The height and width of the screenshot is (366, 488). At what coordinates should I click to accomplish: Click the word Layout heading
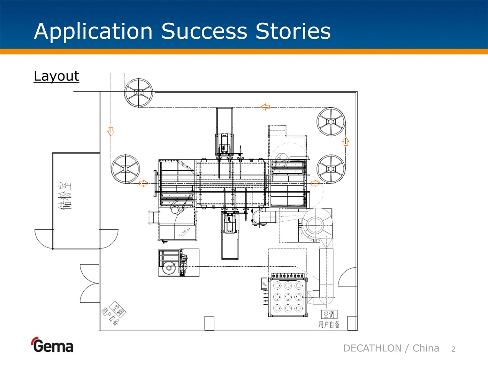(x=56, y=76)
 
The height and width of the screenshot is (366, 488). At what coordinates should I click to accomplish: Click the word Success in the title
(x=204, y=31)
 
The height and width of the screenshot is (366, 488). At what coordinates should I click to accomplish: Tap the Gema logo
(x=52, y=345)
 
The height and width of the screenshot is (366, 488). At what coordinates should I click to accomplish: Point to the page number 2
(x=453, y=349)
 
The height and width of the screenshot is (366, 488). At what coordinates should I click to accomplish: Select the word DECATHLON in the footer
(x=372, y=348)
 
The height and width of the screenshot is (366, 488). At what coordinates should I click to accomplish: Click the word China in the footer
(x=426, y=348)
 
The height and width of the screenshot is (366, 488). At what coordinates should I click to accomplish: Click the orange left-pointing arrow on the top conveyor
(x=265, y=107)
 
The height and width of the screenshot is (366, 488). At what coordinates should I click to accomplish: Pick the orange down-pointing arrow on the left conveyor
(x=111, y=131)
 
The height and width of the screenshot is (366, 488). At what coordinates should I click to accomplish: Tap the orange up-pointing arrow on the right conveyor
(x=345, y=141)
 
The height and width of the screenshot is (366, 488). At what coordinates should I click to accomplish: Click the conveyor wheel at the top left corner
(x=138, y=93)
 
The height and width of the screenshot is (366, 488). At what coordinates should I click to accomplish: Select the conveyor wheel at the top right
(x=331, y=122)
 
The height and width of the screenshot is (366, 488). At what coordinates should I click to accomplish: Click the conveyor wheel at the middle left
(x=125, y=169)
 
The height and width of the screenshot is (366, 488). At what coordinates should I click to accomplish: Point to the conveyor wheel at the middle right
(x=331, y=169)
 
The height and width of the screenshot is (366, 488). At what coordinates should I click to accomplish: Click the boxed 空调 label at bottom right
(x=329, y=314)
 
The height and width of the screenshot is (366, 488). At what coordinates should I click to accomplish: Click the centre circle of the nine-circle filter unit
(x=288, y=297)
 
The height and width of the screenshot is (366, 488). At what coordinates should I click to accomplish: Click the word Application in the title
(x=93, y=31)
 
